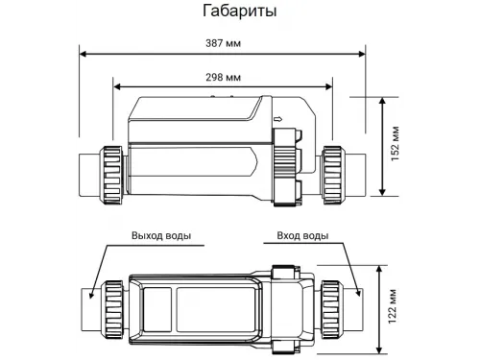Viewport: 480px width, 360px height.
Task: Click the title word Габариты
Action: (x=239, y=12)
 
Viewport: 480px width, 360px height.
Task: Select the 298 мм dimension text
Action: (x=223, y=77)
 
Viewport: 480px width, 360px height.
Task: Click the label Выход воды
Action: (x=160, y=235)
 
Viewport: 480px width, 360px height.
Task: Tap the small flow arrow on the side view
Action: (x=277, y=120)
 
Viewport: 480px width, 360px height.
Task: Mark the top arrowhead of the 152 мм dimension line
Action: (x=385, y=98)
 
